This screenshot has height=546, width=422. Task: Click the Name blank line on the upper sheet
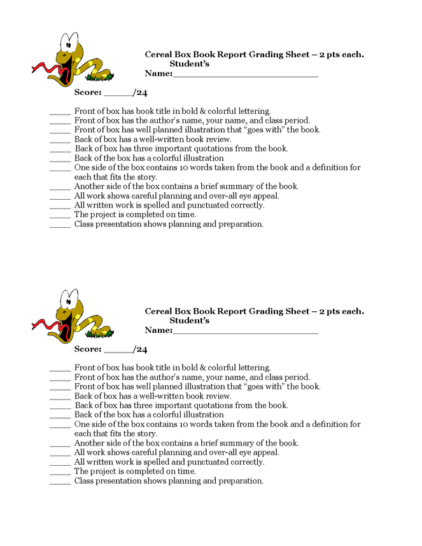[245, 76]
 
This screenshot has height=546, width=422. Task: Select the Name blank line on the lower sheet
[245, 332]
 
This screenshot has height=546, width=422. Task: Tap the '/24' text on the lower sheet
[140, 349]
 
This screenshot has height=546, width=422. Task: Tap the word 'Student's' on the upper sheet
[189, 64]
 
